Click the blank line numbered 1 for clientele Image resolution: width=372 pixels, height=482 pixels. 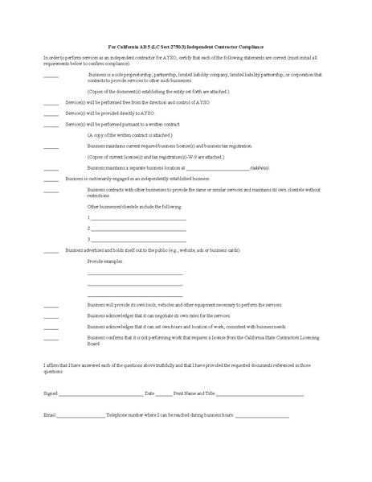pos(138,219)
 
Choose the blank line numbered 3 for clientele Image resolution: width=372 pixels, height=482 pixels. pos(138,240)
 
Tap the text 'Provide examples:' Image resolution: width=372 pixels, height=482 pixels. pos(106,262)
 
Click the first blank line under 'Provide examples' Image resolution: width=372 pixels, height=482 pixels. pos(135,275)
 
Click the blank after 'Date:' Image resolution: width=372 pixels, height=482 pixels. pos(163,394)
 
